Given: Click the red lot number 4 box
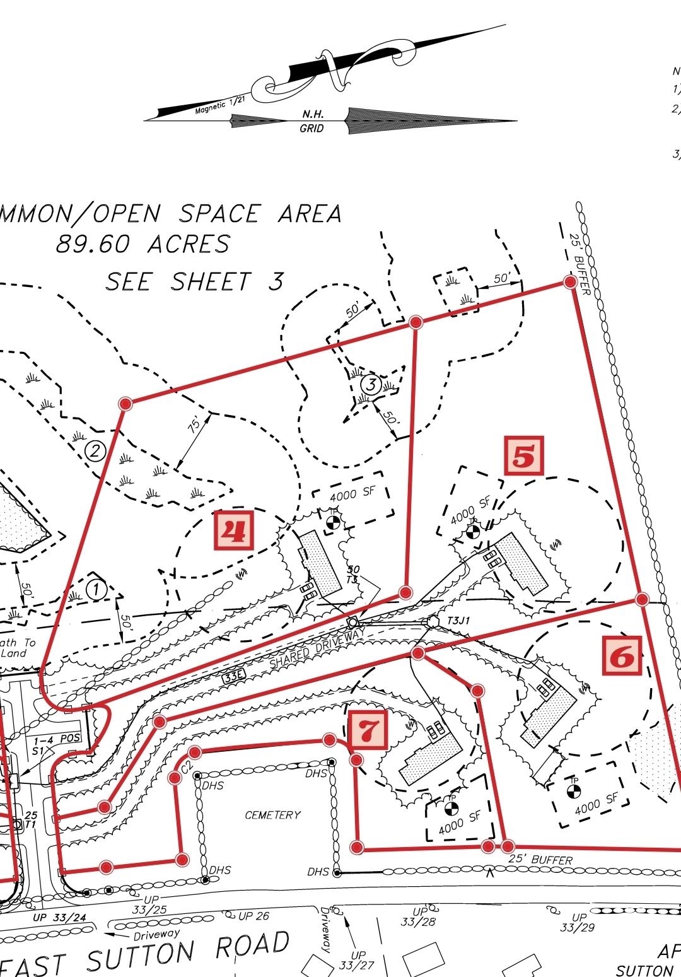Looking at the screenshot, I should [234, 531].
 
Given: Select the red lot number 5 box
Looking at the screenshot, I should [523, 456].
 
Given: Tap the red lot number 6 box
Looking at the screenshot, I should [622, 655].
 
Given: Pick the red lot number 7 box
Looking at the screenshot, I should [369, 730].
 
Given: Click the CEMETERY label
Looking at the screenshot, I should [272, 815].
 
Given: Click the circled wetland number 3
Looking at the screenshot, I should [371, 384].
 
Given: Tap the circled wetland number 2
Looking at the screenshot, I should [95, 451].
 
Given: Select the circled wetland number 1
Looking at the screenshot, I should [96, 590].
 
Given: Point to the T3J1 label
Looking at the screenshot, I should [458, 621].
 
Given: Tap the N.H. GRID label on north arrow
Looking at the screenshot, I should [313, 121].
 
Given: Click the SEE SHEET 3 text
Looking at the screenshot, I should [194, 281].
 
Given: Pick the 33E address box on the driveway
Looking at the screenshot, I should [232, 678].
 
